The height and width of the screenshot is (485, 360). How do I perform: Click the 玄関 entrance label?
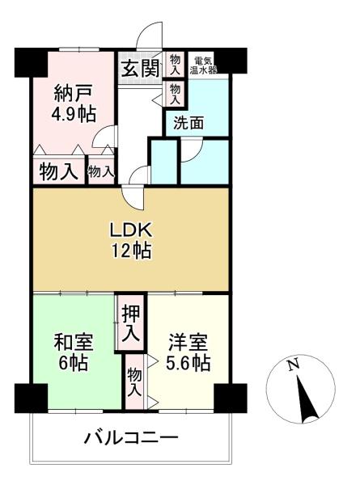140,69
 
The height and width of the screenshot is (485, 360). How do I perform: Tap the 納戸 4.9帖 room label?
74,103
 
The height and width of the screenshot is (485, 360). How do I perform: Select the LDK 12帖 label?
131,241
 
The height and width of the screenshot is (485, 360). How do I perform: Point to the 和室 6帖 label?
74,352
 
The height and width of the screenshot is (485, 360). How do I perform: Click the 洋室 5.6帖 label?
188,352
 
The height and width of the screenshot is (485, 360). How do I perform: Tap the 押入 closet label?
130,323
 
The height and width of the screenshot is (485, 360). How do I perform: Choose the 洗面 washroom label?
188,123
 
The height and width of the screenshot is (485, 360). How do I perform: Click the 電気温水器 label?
203,65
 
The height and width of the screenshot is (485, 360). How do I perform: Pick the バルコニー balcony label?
132,438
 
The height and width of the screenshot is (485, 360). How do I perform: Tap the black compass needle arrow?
307,399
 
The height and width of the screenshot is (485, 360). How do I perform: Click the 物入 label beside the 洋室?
134,382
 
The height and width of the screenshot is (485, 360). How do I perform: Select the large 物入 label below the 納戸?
58,171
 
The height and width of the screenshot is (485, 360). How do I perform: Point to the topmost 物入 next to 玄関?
175,65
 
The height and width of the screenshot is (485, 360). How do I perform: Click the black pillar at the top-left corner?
31,62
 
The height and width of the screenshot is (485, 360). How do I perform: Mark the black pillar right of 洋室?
231,399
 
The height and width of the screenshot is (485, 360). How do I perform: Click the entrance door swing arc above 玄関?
146,30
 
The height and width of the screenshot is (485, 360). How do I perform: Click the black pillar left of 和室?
31,399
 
